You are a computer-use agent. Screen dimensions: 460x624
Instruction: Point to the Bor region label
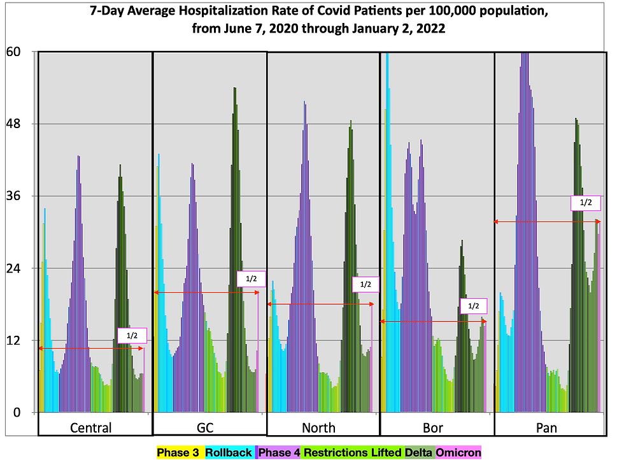433,428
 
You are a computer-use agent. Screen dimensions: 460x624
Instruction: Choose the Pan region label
546,428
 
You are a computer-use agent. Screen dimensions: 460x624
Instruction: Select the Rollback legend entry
229,452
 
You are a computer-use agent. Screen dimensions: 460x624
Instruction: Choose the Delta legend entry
418,452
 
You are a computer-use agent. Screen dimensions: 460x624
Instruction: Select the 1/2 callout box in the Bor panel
472,306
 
